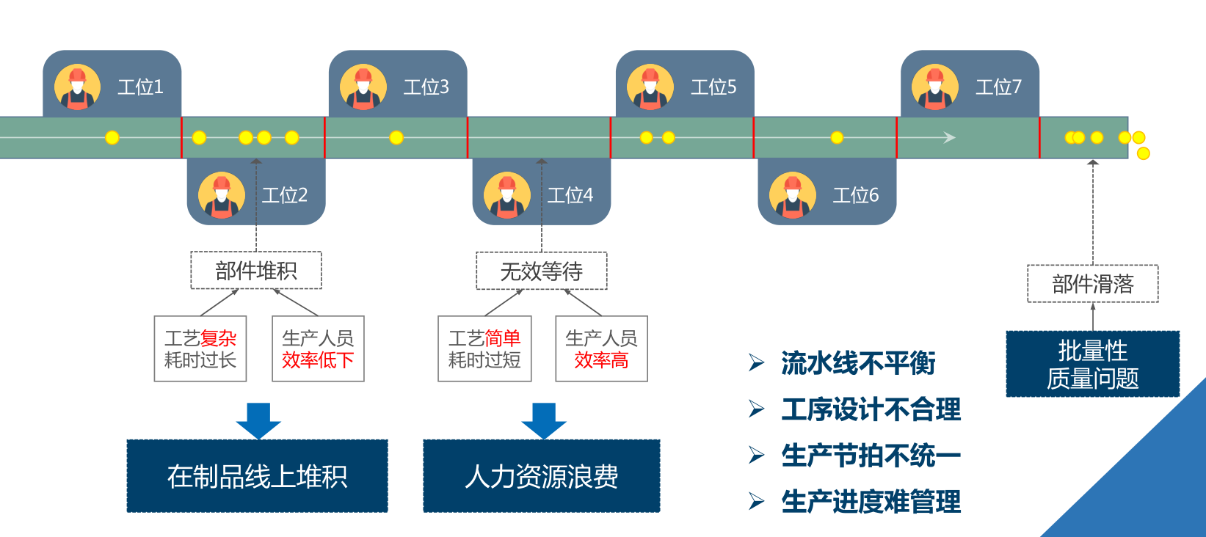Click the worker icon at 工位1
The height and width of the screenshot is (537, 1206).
(x=77, y=87)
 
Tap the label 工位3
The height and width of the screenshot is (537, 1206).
(x=426, y=87)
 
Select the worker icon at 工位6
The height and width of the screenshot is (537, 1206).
(x=792, y=196)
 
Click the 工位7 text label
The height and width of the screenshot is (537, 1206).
(x=998, y=87)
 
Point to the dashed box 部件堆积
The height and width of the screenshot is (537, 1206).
(x=256, y=271)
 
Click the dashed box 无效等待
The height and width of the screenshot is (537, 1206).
(x=542, y=271)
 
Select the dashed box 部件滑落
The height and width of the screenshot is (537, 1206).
(x=1092, y=284)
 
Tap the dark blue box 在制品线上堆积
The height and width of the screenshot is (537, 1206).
(x=257, y=476)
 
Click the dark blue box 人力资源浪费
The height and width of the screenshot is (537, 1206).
(x=542, y=476)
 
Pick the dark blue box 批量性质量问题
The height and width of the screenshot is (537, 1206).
(x=1092, y=364)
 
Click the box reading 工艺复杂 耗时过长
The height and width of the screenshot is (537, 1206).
(x=200, y=348)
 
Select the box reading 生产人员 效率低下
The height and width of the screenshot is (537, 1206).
(x=318, y=348)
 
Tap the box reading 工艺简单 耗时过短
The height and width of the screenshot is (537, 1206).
(x=484, y=348)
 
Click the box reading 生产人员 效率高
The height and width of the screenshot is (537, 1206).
(x=601, y=348)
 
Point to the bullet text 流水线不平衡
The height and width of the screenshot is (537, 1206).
(x=858, y=363)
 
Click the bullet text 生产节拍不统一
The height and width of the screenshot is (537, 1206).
(x=871, y=456)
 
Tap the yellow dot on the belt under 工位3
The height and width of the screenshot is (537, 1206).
(x=396, y=137)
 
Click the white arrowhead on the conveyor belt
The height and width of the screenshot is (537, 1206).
(x=949, y=137)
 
